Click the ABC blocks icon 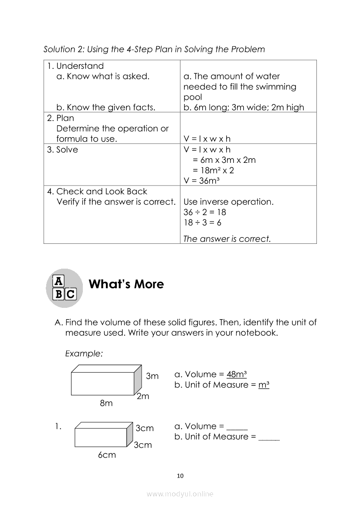(65, 288)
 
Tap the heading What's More (126, 284)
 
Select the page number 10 (180, 475)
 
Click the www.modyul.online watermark (180, 494)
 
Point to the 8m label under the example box (106, 403)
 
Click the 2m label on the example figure (143, 396)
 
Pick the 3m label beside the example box (152, 376)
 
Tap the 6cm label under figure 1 (107, 455)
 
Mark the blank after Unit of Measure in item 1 (269, 437)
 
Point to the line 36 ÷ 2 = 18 (205, 212)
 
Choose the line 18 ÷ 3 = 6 (203, 223)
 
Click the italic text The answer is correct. (227, 239)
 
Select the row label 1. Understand (75, 66)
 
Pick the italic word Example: (84, 354)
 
